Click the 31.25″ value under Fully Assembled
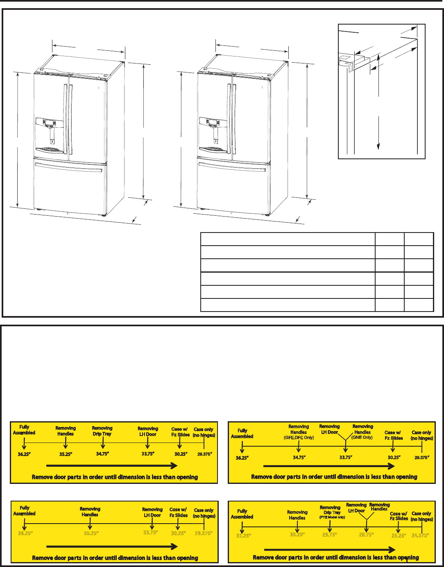pyautogui.click(x=243, y=535)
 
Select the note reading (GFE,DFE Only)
pyautogui.click(x=299, y=438)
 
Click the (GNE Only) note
pyautogui.click(x=362, y=438)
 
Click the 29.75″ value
pyautogui.click(x=329, y=535)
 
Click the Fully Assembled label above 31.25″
pyautogui.click(x=242, y=514)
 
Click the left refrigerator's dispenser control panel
pyautogui.click(x=49, y=122)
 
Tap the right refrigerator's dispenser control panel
pyautogui.click(x=213, y=122)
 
